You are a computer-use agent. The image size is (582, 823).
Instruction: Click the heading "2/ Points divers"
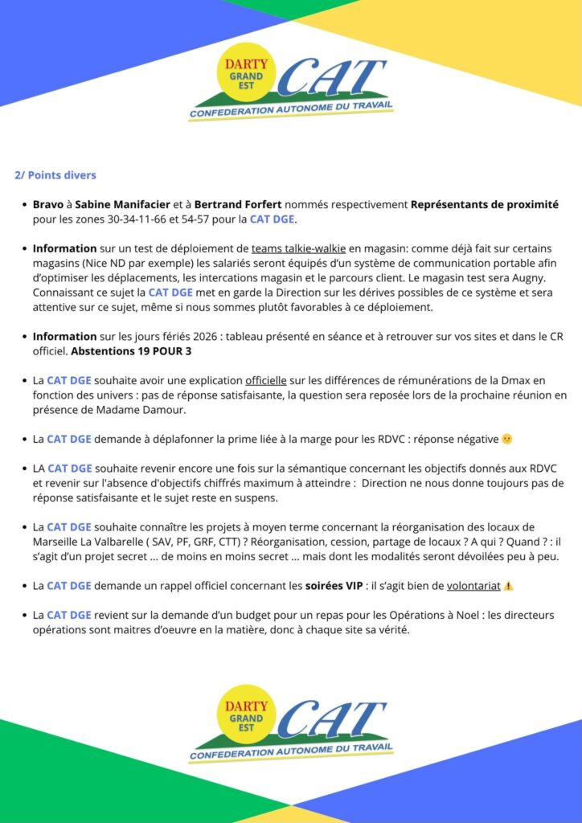55,175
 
